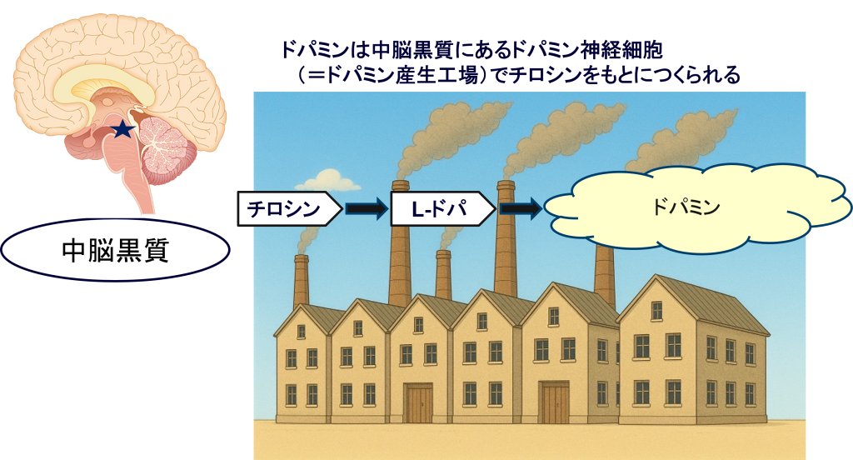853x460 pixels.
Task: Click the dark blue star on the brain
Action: pos(122,128)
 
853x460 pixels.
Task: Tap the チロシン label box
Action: pos(288,209)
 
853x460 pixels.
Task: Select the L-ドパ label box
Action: pos(442,209)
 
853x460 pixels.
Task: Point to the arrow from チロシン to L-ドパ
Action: pos(367,209)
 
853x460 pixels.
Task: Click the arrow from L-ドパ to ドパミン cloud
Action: pos(521,209)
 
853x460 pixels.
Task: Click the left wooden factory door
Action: pos(418,403)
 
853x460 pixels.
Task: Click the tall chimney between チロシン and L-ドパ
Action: pos(400,250)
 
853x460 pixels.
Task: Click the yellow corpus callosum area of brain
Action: pos(92,84)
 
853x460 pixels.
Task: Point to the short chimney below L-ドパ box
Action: pos(444,275)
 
